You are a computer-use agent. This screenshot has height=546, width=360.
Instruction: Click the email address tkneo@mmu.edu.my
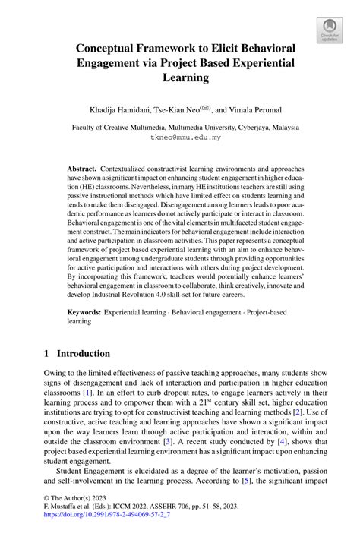179,138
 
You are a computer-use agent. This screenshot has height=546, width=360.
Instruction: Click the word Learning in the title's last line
180,77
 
